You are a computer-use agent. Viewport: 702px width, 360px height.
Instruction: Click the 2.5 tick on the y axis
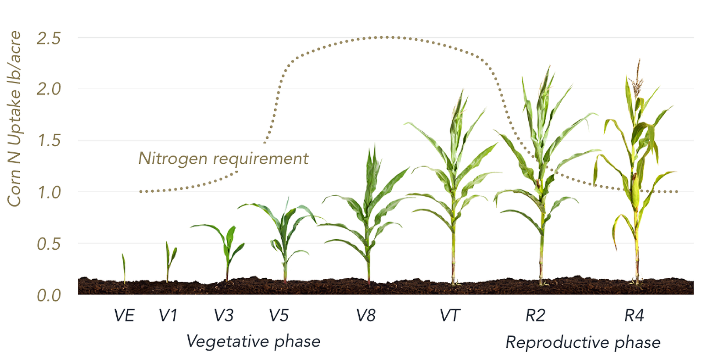[x=48, y=39]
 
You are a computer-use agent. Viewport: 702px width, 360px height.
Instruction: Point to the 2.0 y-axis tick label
[x=48, y=89]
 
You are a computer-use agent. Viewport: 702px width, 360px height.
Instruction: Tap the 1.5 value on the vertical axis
[x=49, y=141]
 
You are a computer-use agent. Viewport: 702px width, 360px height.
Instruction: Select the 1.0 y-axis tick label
[x=49, y=192]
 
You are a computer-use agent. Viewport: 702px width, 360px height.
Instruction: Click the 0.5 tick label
[x=49, y=244]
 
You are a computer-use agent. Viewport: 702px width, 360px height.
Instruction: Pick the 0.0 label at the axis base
[x=49, y=295]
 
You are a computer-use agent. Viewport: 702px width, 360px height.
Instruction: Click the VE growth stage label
[x=124, y=316]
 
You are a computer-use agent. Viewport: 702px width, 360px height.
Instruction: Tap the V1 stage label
[x=168, y=316]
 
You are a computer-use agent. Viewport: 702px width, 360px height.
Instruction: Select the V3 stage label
[x=224, y=316]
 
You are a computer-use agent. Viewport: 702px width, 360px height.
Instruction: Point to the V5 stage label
[x=279, y=316]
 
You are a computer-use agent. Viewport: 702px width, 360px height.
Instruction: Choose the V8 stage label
[x=366, y=316]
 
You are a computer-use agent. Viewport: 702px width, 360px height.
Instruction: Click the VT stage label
[x=450, y=316]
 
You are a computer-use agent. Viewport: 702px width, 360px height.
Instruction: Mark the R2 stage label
[x=535, y=316]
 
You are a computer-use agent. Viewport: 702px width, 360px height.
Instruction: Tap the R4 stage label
[x=634, y=316]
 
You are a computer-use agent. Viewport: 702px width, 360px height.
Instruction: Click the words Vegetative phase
[x=253, y=342]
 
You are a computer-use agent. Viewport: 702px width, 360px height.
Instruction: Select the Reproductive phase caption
[x=583, y=342]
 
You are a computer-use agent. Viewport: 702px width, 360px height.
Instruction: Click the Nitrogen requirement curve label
[x=223, y=158]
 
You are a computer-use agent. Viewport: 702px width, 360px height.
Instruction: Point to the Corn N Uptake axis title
[x=14, y=119]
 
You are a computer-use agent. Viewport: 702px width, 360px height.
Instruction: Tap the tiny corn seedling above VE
[x=124, y=268]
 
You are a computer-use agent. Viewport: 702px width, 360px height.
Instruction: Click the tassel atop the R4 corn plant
[x=638, y=77]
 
